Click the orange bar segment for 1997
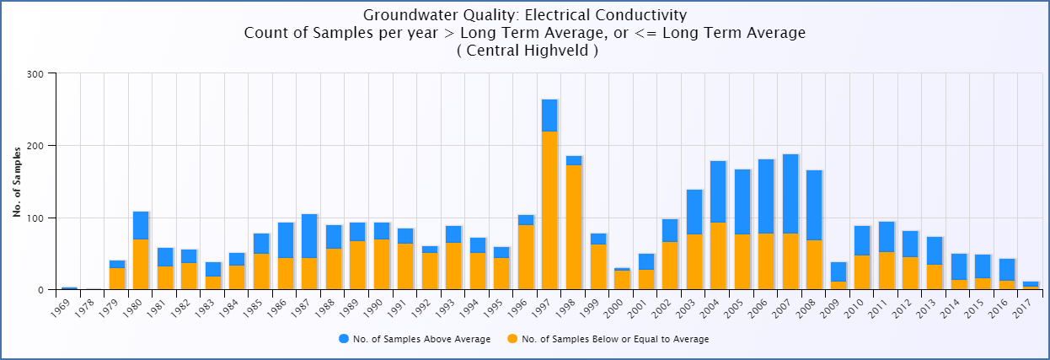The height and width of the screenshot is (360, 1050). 549,211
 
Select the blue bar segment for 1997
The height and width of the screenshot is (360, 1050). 549,116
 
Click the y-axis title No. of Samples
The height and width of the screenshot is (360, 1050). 17,181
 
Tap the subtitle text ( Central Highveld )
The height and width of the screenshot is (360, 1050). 525,51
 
